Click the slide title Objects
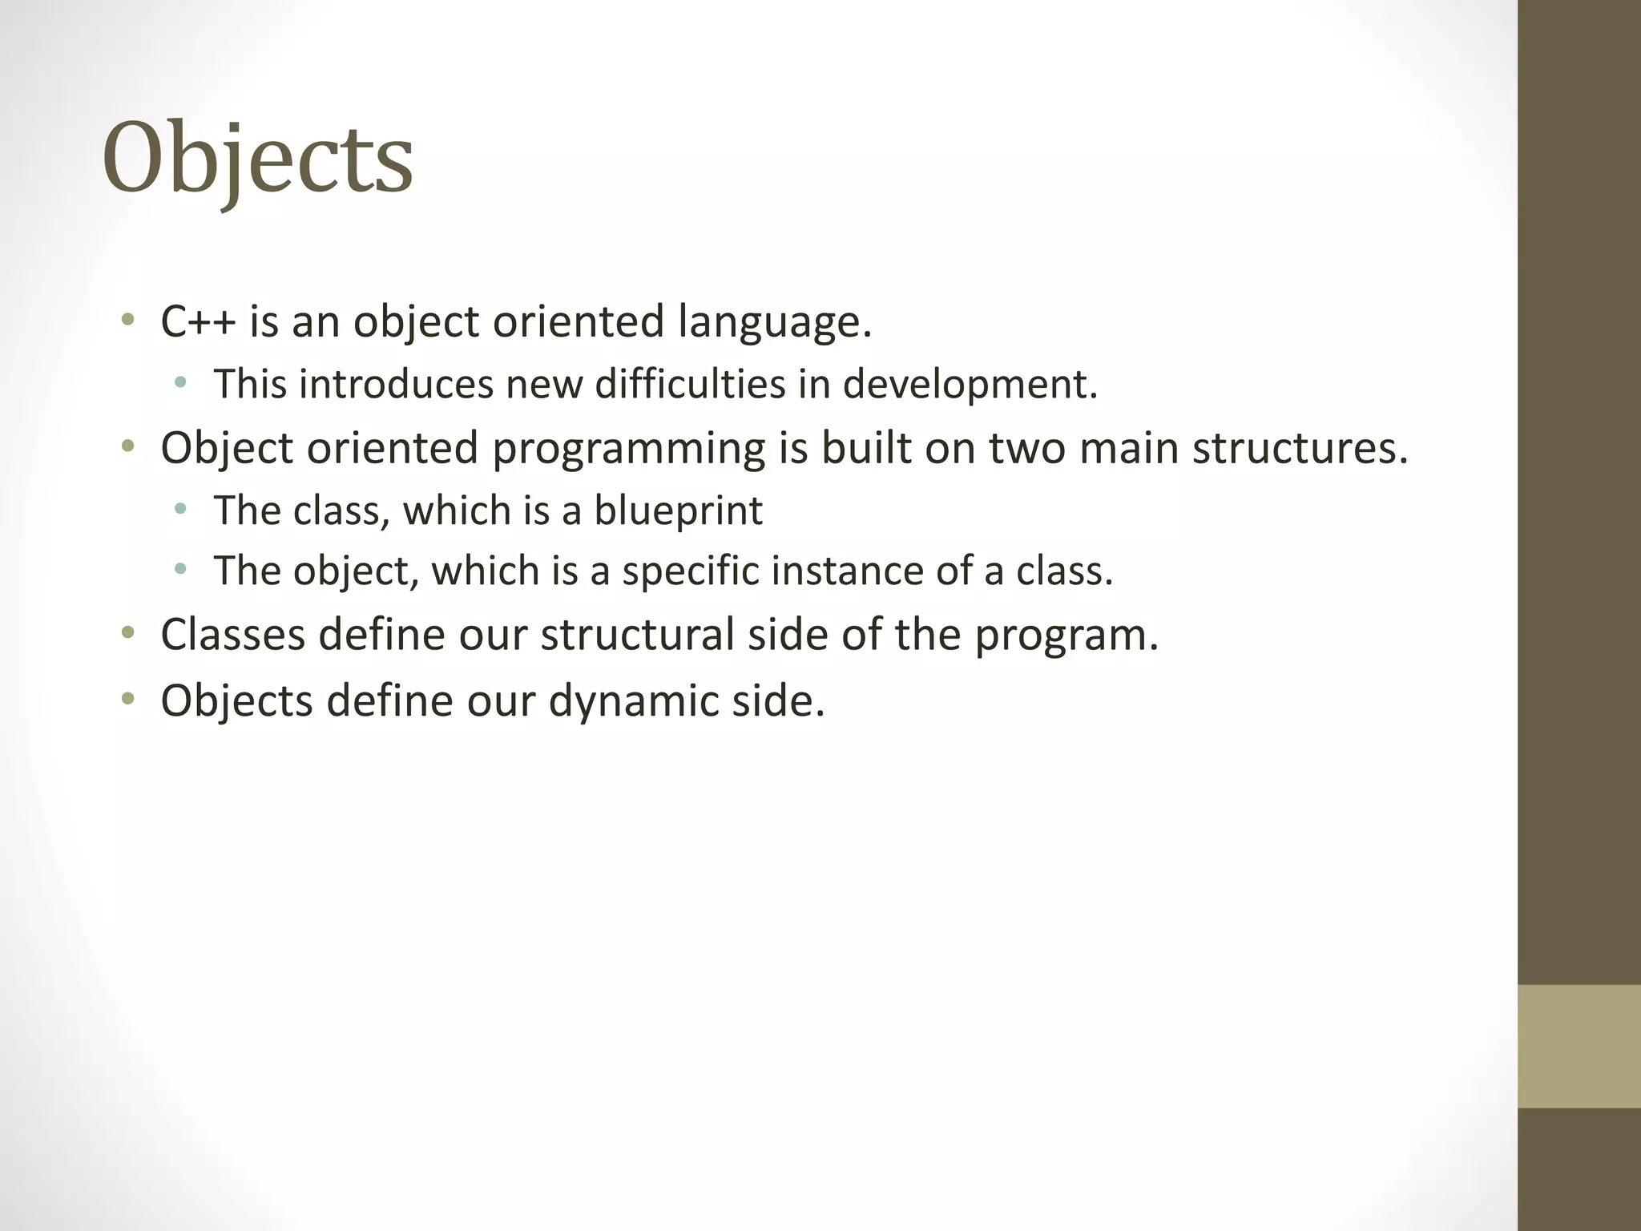click(257, 158)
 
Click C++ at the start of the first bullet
click(198, 321)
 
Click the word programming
click(628, 449)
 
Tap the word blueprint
click(678, 511)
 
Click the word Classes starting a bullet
click(233, 635)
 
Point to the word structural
click(638, 635)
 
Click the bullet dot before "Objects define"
click(127, 700)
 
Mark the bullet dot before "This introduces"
click(180, 384)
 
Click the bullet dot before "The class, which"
click(180, 509)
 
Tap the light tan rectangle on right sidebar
click(1579, 1046)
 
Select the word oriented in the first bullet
click(578, 321)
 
